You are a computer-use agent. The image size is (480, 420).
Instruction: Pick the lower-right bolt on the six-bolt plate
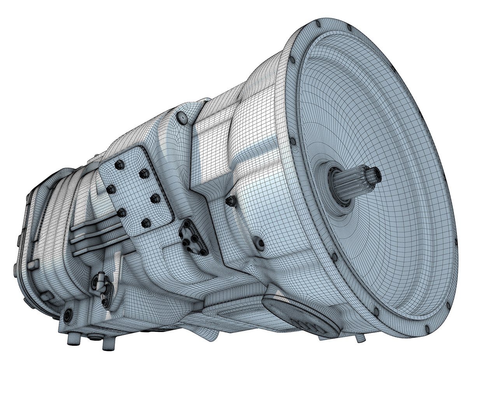click(147, 224)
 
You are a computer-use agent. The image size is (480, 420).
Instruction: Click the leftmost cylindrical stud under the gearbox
click(72, 341)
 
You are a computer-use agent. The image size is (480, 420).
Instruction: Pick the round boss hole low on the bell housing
click(260, 244)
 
